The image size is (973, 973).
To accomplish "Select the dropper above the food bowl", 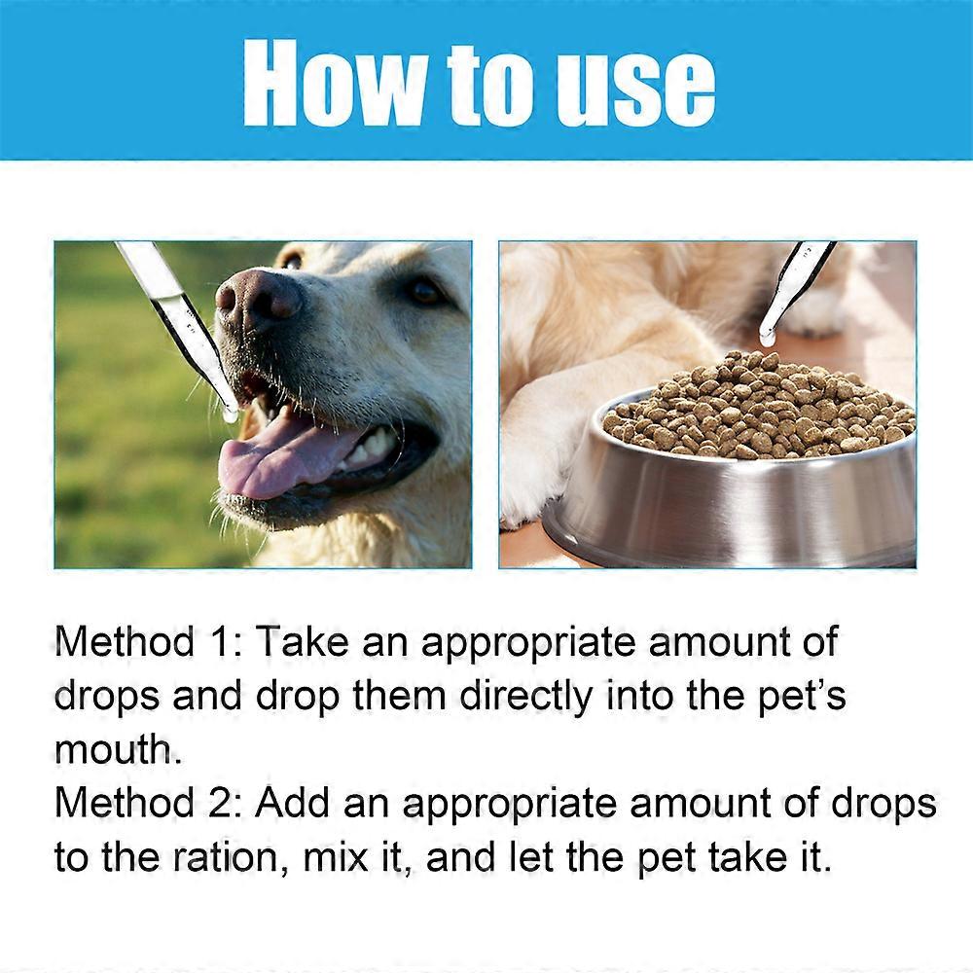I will coord(794,288).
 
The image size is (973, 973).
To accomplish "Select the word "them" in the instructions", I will coord(403,697).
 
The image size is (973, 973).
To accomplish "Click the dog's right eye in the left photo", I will coord(425,289).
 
